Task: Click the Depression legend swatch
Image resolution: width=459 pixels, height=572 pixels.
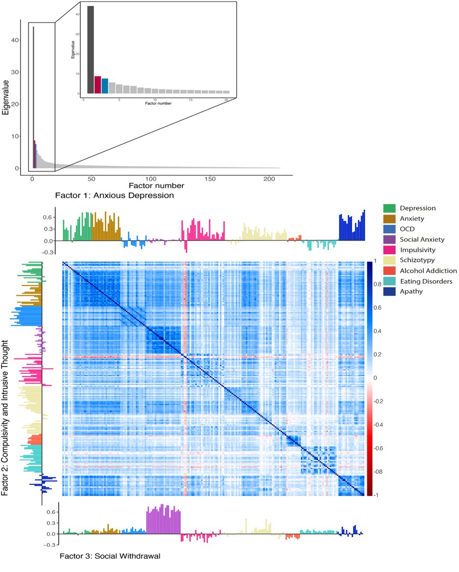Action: coord(390,208)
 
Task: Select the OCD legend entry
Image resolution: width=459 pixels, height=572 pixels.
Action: coord(407,229)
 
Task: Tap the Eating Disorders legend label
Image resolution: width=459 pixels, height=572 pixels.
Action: coord(426,281)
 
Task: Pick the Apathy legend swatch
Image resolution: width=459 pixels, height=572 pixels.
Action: coord(390,292)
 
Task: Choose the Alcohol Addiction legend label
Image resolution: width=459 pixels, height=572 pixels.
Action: coord(428,271)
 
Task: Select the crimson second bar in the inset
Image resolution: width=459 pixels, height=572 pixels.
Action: coord(98,84)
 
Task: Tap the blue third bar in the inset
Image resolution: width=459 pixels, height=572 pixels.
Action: coord(105,85)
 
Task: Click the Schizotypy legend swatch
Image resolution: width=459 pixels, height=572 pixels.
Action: coord(390,260)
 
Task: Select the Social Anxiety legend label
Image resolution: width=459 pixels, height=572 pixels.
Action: coord(422,239)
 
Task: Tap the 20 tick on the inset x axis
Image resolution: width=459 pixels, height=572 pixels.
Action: coord(226,100)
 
